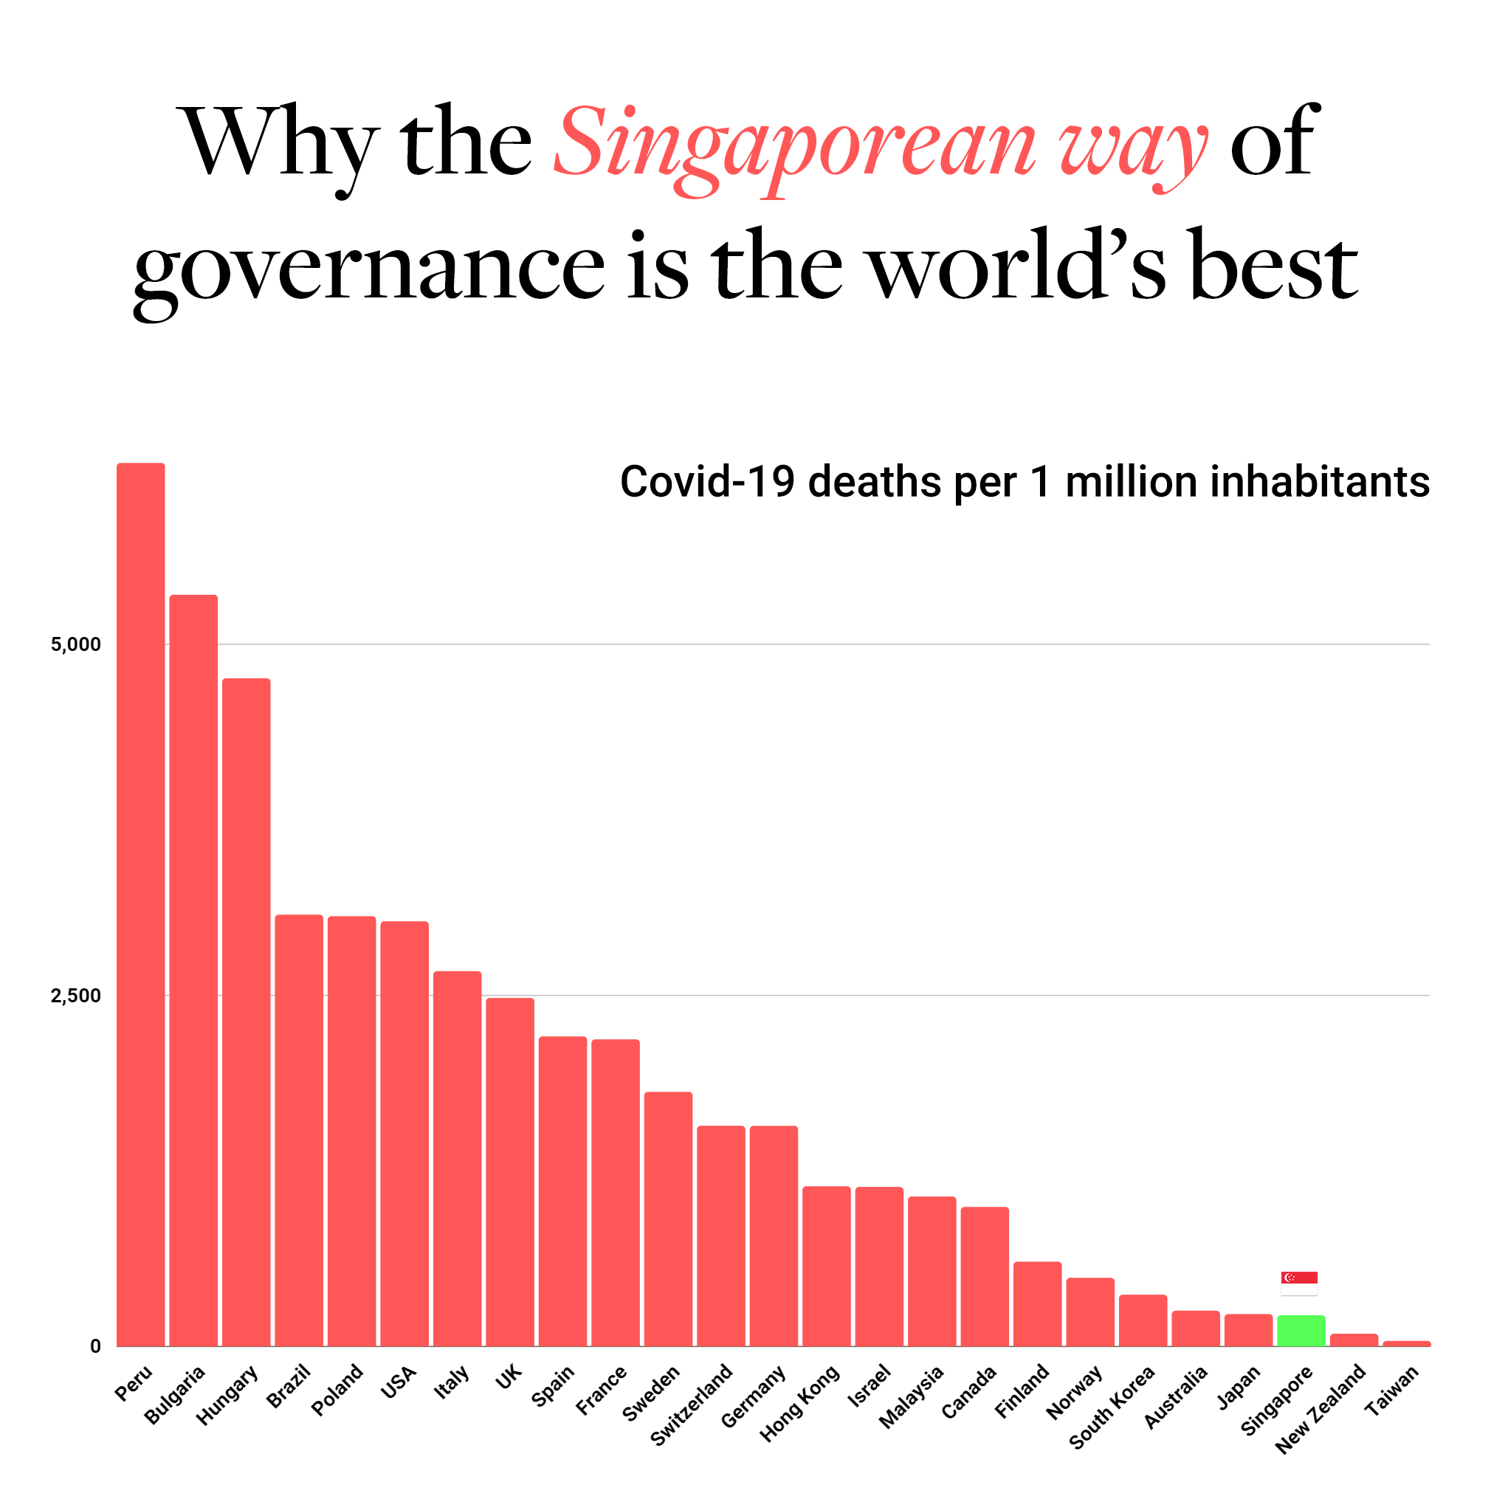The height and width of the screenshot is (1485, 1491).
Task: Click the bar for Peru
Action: coord(140,904)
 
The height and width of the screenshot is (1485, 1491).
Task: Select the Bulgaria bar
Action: coord(193,970)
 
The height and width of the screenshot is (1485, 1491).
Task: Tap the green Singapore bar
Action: coord(1301,1331)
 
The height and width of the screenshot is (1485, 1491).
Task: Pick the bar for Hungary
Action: coord(247,1012)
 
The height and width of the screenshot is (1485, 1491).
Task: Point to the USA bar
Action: coord(404,1133)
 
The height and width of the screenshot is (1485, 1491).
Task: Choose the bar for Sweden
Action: coord(668,1219)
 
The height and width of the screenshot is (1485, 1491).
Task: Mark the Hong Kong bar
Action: coord(827,1266)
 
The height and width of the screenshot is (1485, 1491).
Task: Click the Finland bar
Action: coord(1037,1303)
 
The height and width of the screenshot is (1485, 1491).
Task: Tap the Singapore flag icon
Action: coord(1299,1284)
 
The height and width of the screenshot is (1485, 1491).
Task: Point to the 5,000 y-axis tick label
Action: coord(75,644)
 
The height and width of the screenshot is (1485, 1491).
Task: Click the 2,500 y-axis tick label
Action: coord(75,996)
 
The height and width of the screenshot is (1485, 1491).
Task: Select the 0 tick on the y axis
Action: coord(96,1347)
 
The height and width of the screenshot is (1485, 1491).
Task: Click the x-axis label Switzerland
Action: coord(692,1404)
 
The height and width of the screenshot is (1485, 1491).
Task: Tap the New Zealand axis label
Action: coord(1320,1408)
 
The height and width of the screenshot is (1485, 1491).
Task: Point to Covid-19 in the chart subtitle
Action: coord(707,482)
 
